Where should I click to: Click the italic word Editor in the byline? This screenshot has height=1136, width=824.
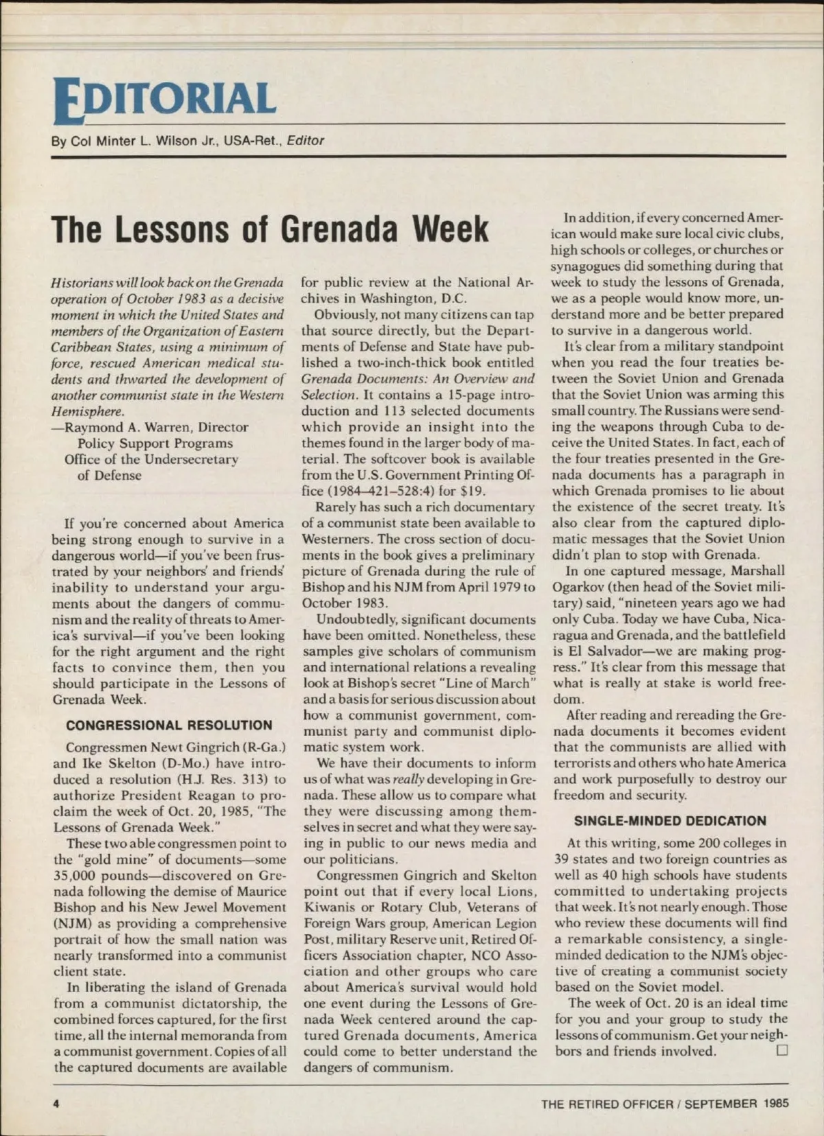(306, 141)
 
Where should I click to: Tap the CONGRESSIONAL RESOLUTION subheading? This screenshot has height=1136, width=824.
(169, 726)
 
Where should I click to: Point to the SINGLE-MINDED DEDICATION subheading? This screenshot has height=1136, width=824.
(669, 821)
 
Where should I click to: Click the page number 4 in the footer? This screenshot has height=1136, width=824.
(57, 1104)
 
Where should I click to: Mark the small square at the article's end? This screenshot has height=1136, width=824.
(781, 1050)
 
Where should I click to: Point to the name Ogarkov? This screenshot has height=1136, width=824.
(582, 587)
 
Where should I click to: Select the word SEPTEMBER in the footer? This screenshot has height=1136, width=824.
(720, 1104)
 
